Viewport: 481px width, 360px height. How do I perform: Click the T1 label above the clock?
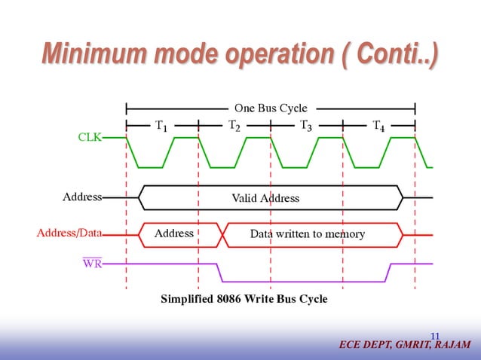tap(161, 126)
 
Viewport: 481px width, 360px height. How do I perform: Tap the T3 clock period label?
tap(306, 126)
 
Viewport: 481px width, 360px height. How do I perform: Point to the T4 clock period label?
tap(379, 126)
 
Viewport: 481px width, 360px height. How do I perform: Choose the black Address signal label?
tap(81, 197)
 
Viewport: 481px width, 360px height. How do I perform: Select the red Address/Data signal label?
tap(69, 233)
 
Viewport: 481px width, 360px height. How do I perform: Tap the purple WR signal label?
tap(92, 263)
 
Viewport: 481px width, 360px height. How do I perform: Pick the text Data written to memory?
tap(307, 234)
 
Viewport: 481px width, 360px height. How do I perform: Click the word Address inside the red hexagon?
tap(173, 234)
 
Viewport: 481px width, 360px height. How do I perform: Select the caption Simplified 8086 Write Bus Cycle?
tap(244, 299)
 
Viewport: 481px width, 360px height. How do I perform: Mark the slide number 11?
tap(435, 335)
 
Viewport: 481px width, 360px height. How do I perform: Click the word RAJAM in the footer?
tap(452, 345)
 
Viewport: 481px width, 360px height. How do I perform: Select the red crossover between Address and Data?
tap(222, 234)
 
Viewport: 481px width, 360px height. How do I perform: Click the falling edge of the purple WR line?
tap(218, 270)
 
